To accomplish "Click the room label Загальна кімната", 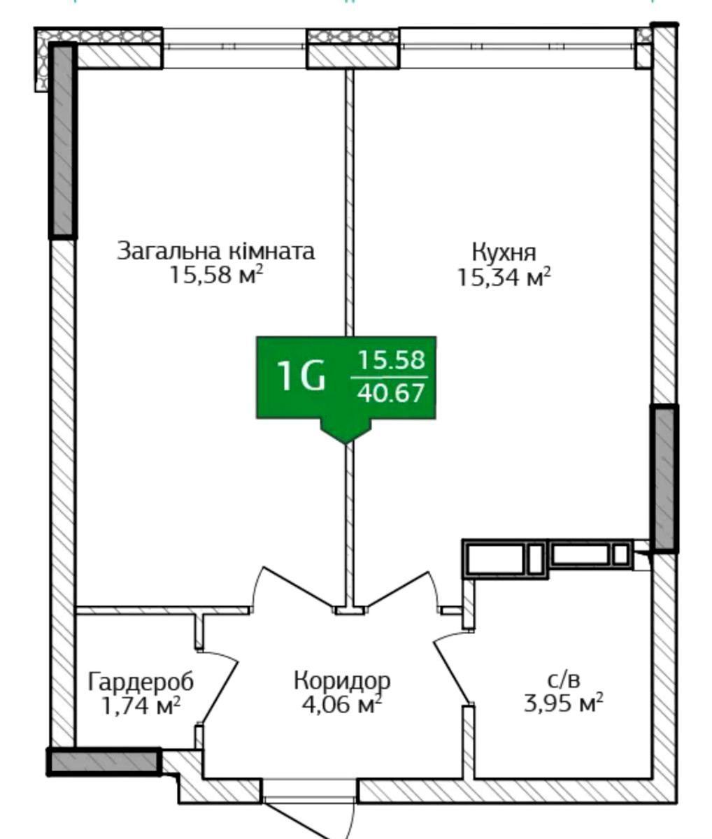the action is pos(215,251).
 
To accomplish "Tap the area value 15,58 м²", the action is pos(216,275).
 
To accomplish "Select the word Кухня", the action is pos(504,252).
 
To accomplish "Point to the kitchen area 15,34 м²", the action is pos(504,278).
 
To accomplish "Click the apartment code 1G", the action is pos(301,376).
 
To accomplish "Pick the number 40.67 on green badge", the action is pos(390,393).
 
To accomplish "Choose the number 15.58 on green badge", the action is pos(391,360).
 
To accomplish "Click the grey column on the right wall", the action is pos(664,478).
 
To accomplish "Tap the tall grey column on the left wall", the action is pos(63,140).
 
